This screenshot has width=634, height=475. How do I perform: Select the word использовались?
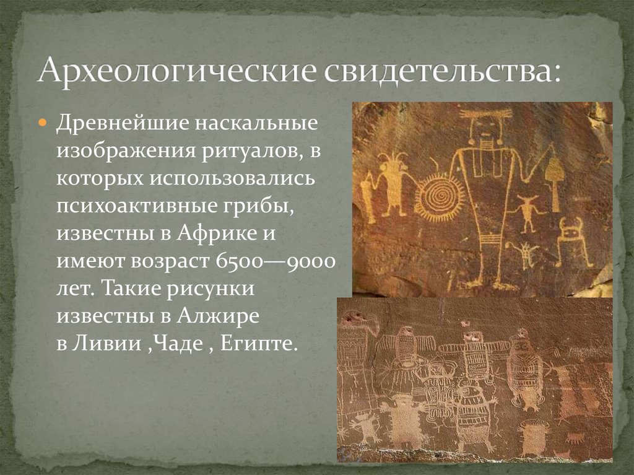coord(245,178)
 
